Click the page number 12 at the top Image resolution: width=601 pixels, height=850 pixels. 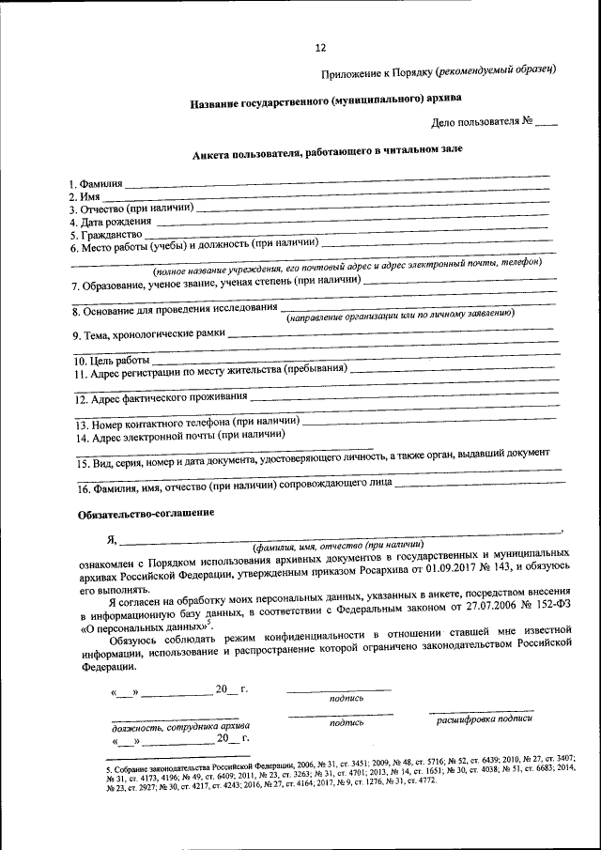point(320,48)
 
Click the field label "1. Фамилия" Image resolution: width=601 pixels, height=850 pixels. point(96,183)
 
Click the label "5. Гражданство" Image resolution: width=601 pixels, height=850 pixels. point(104,235)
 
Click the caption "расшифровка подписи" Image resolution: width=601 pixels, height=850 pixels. point(484,719)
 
